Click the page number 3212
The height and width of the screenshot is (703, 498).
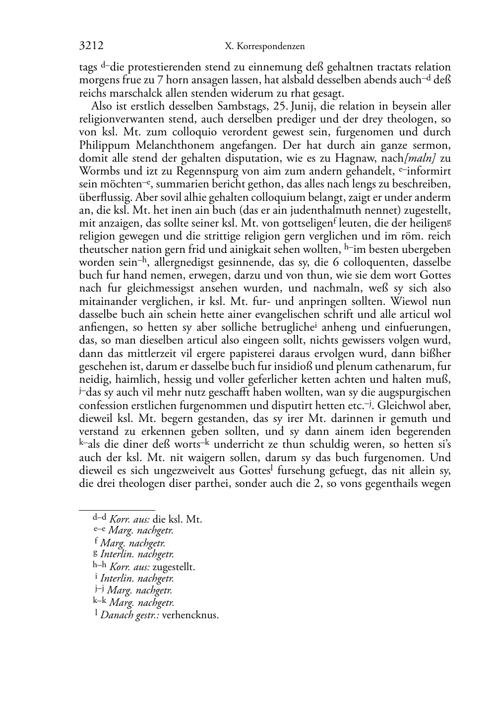tap(91, 46)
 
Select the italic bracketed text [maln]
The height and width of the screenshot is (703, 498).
tap(419, 159)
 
